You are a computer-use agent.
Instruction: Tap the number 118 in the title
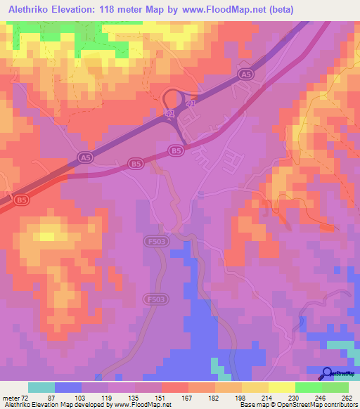[x=112, y=9]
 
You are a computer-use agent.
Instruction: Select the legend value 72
[x=25, y=397]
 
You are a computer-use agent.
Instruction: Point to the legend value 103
[x=82, y=397]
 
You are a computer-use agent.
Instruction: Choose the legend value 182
[x=213, y=397]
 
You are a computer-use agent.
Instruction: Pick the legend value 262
[x=346, y=397]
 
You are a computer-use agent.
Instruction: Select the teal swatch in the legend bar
[x=41, y=387]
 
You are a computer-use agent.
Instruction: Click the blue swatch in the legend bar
[x=68, y=387]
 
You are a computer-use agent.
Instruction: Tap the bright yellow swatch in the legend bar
[x=282, y=387]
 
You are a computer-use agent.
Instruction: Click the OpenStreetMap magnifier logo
[x=328, y=373]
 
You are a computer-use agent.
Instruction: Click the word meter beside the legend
[x=10, y=397]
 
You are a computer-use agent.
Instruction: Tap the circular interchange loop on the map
[x=172, y=98]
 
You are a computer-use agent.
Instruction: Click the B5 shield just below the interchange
[x=176, y=150]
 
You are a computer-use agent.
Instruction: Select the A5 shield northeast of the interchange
[x=245, y=74]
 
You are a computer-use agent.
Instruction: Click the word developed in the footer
[x=84, y=405]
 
